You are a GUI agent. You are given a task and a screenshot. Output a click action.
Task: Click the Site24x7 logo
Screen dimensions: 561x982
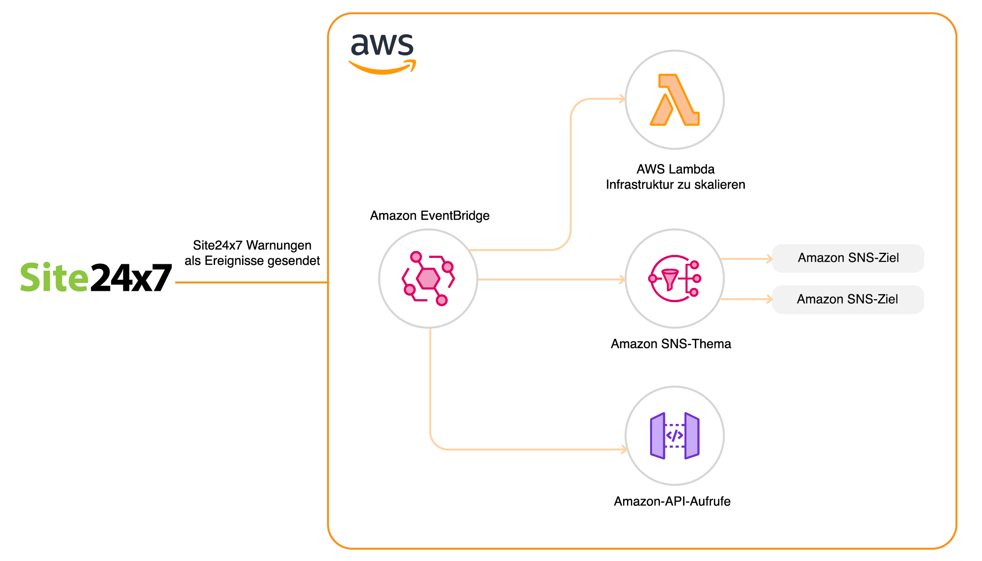pyautogui.click(x=96, y=278)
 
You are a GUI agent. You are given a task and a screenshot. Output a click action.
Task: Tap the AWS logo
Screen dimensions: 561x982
pyautogui.click(x=382, y=53)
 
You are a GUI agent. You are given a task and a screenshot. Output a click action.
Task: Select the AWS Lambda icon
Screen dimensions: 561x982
pyautogui.click(x=675, y=99)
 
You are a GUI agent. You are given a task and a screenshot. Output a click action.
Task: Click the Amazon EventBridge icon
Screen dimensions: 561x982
pyautogui.click(x=428, y=279)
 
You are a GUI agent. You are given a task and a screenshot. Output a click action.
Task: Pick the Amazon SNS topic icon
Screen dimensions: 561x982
pyautogui.click(x=675, y=279)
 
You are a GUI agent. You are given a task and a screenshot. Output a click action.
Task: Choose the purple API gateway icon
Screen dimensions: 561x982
pyautogui.click(x=675, y=436)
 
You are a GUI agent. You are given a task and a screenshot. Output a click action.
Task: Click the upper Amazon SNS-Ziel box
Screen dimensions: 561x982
pyautogui.click(x=848, y=258)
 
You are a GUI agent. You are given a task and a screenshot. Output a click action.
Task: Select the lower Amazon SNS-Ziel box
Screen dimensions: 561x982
pyautogui.click(x=848, y=299)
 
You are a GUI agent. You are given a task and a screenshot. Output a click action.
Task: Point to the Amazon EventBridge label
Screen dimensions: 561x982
pyautogui.click(x=430, y=215)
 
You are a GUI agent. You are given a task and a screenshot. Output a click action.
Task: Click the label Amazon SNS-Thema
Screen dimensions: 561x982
pyautogui.click(x=671, y=343)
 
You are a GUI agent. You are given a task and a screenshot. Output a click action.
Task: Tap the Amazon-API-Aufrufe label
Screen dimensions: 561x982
pyautogui.click(x=672, y=501)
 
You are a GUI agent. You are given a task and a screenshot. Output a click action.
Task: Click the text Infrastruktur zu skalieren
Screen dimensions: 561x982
pyautogui.click(x=675, y=184)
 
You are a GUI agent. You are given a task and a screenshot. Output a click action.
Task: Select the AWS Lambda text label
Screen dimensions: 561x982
pyautogui.click(x=675, y=169)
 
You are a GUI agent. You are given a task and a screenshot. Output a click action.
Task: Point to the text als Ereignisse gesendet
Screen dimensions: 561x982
pyautogui.click(x=252, y=260)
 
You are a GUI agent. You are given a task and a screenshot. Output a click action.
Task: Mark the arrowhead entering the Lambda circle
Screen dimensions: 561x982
pyautogui.click(x=622, y=99)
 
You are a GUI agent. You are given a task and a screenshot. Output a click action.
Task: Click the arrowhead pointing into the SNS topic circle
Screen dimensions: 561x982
pyautogui.click(x=622, y=280)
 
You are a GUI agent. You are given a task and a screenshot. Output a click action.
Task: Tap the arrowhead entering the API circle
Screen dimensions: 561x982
pyautogui.click(x=624, y=449)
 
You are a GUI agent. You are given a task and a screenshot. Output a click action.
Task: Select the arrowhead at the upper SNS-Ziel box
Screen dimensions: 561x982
pyautogui.click(x=769, y=258)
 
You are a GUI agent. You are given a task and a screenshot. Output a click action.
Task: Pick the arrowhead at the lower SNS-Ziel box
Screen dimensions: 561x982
pyautogui.click(x=769, y=299)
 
